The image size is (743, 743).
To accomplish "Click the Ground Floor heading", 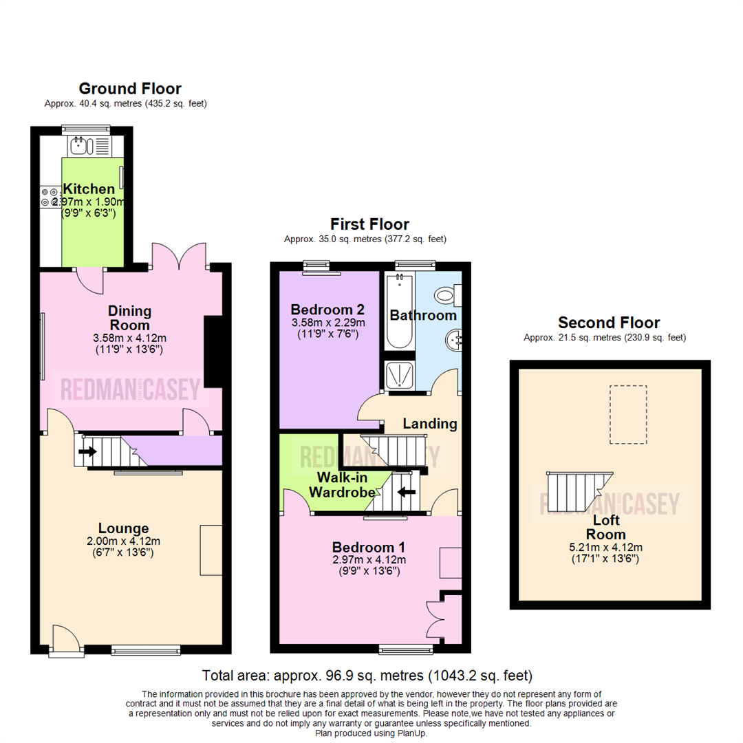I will click(130, 89).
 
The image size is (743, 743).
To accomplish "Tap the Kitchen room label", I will click(89, 189).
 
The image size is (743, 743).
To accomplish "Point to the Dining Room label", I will click(129, 318).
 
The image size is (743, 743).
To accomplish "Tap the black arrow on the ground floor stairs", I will click(88, 452).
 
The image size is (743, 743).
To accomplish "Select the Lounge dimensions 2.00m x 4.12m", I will click(123, 541).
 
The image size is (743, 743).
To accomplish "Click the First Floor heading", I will click(369, 224).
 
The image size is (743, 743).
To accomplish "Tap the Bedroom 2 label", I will click(327, 309).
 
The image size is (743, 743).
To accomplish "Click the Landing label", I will click(430, 424).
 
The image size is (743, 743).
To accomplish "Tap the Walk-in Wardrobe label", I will click(341, 484).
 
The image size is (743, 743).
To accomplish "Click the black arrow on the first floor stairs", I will click(407, 491).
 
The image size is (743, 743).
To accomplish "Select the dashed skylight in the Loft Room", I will click(627, 415).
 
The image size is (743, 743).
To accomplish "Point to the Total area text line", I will click(367, 675).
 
